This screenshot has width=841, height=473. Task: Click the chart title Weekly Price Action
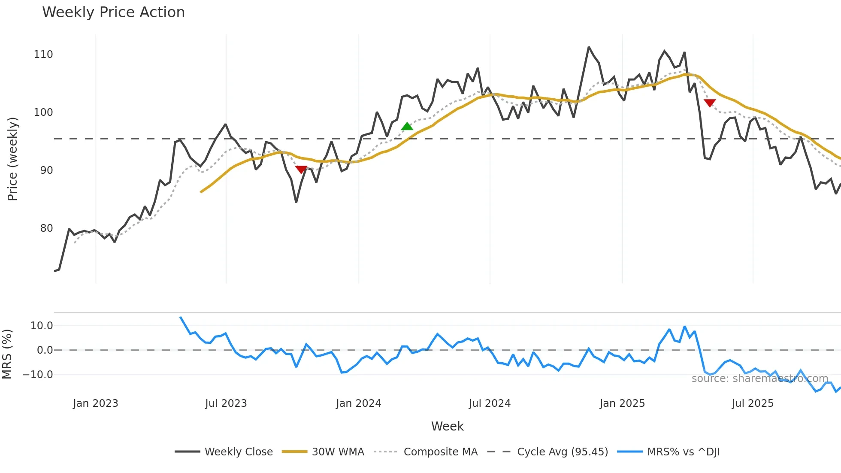pos(113,12)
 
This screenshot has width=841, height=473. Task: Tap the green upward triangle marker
pos(407,126)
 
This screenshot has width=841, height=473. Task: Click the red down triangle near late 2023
pos(301,170)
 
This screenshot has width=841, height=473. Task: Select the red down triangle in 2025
pos(710,103)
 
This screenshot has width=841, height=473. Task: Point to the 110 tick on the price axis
pos(43,55)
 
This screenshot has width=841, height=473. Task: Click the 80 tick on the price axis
pos(46,228)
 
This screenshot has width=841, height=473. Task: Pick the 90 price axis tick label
pos(46,170)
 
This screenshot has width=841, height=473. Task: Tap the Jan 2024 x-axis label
pos(358,403)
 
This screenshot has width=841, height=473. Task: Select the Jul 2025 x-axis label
pos(753,403)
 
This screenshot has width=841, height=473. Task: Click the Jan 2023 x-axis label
pos(95,403)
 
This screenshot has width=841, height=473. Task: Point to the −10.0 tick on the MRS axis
pos(38,375)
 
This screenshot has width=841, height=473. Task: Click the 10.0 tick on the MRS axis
pos(42,326)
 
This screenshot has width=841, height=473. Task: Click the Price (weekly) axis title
pos(12,159)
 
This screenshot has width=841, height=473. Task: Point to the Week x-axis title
pos(447,426)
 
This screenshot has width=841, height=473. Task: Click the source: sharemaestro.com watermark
pos(759,379)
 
